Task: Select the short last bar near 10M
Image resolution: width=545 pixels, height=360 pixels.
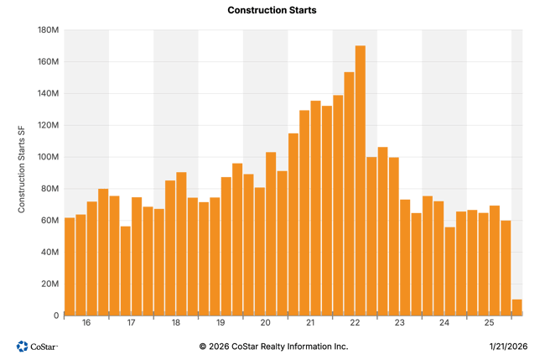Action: tap(516, 306)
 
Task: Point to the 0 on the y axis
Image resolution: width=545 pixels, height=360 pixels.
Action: tap(55, 315)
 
